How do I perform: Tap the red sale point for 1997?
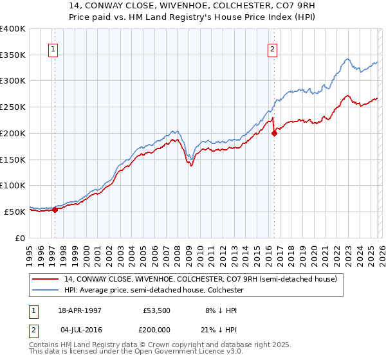pos(55,209)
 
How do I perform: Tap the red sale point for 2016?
pos(275,133)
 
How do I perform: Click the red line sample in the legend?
pos(46,279)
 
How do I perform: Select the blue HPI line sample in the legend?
pos(46,290)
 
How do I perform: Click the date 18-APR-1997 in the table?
pos(81,310)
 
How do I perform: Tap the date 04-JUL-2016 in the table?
pos(81,330)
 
